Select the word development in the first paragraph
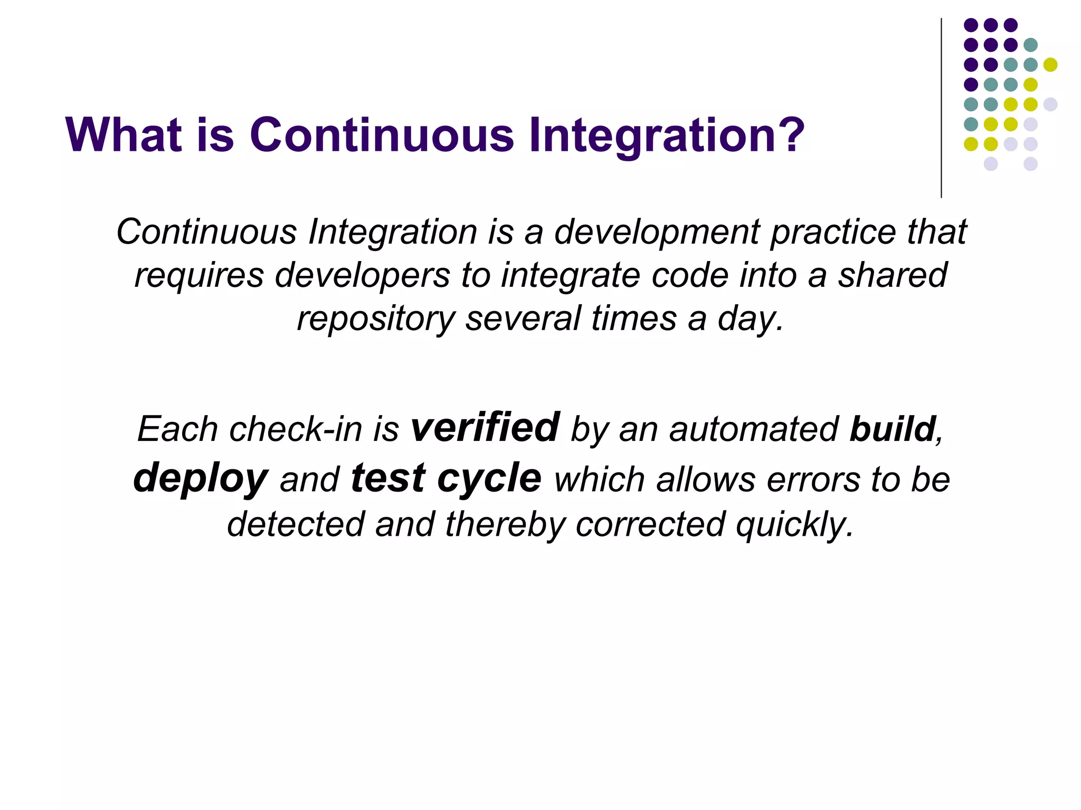[x=656, y=232]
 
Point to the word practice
[x=833, y=232]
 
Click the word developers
[x=362, y=276]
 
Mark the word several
[x=523, y=319]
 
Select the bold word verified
[x=485, y=427]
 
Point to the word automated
[x=754, y=429]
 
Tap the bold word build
[x=893, y=429]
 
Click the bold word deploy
[x=201, y=478]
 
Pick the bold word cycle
[x=489, y=478]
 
